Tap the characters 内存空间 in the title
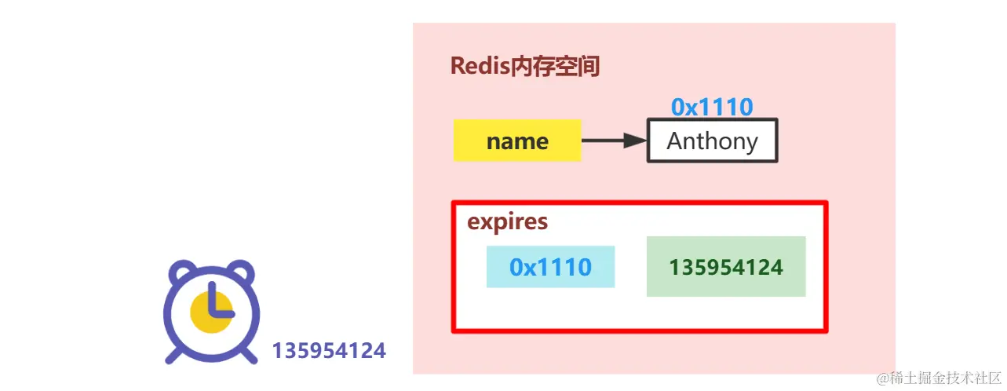555,67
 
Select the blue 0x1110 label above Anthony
712,107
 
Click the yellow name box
516,141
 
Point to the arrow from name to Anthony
613,141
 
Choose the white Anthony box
712,141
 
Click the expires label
507,222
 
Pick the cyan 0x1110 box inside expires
550,267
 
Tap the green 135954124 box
726,267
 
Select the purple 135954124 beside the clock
329,350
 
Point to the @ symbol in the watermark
883,378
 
